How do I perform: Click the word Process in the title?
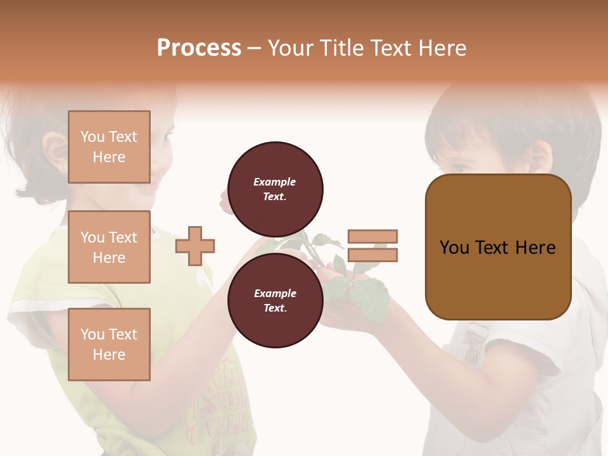tap(199, 48)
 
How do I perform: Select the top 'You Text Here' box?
tap(109, 147)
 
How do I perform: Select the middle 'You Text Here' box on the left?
tap(109, 247)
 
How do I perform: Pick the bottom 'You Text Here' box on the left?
tap(109, 344)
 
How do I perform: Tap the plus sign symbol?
tap(195, 246)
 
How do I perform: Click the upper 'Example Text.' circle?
tap(275, 189)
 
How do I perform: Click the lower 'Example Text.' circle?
tap(275, 300)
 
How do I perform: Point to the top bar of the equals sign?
tap(372, 236)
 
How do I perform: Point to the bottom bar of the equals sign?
tap(372, 255)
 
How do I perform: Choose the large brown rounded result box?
tap(498, 247)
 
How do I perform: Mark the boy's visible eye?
tap(461, 167)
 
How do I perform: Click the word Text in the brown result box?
tap(498, 248)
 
